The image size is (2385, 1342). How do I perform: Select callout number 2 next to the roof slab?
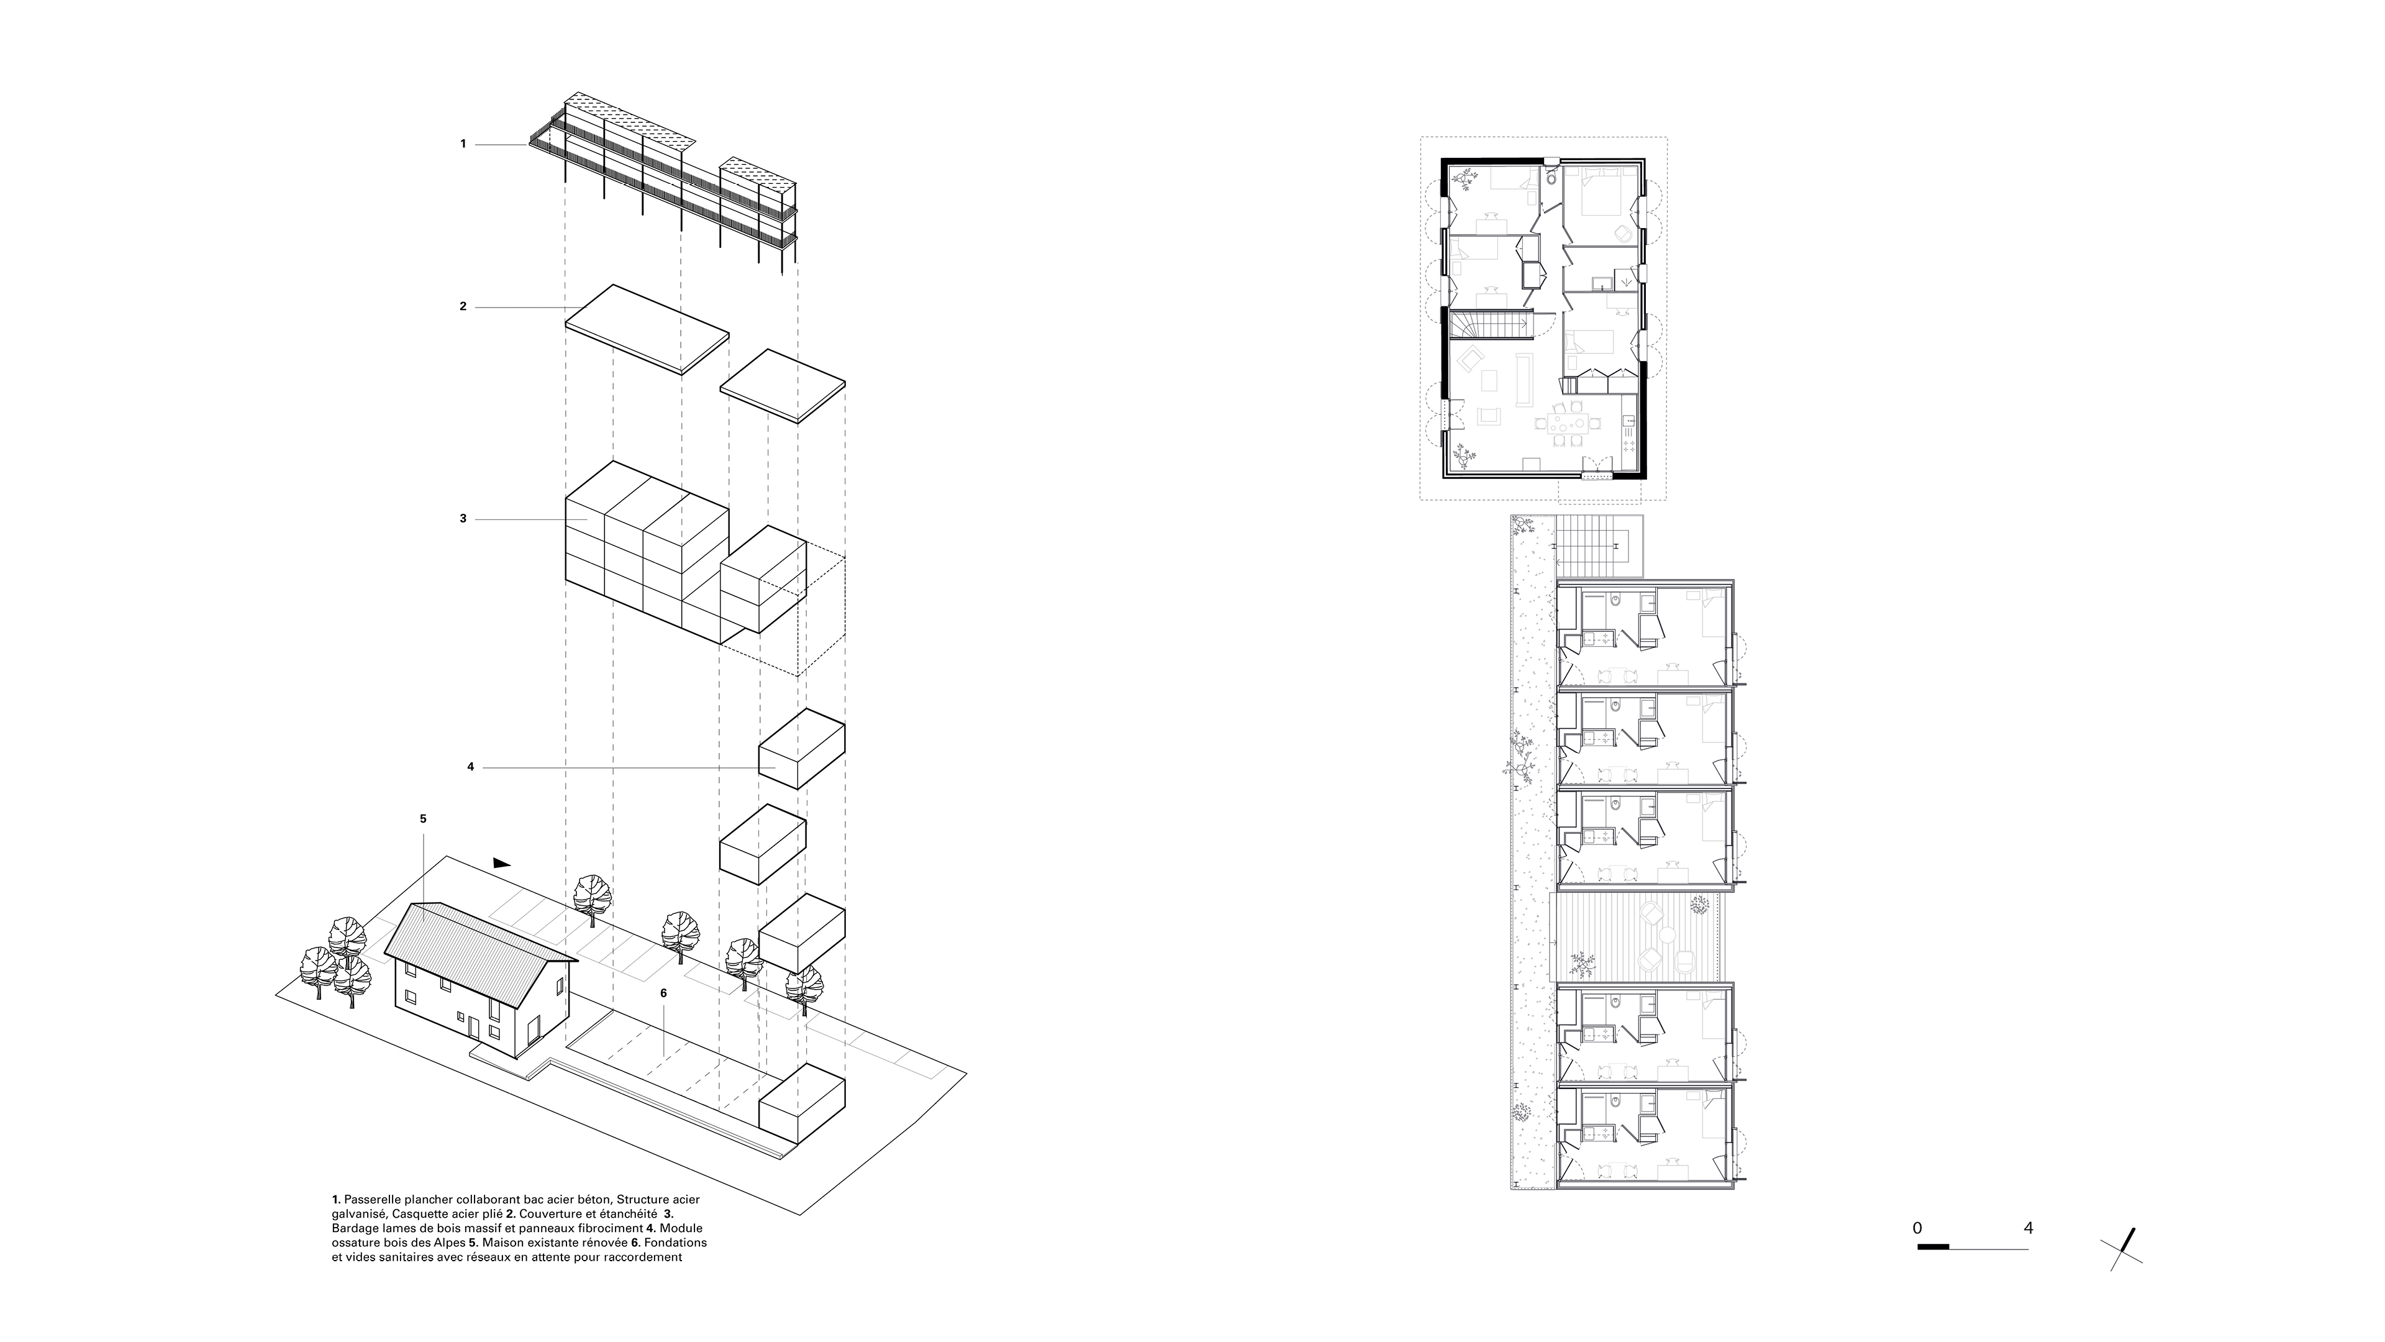click(463, 306)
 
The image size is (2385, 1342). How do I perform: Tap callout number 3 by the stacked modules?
click(463, 519)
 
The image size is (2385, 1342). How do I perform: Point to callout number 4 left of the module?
click(470, 767)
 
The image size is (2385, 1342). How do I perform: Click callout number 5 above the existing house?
click(423, 819)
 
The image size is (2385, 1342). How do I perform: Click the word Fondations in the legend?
click(679, 1242)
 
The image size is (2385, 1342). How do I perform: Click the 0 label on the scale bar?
click(1917, 1228)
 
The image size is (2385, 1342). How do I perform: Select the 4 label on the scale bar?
click(2028, 1228)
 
